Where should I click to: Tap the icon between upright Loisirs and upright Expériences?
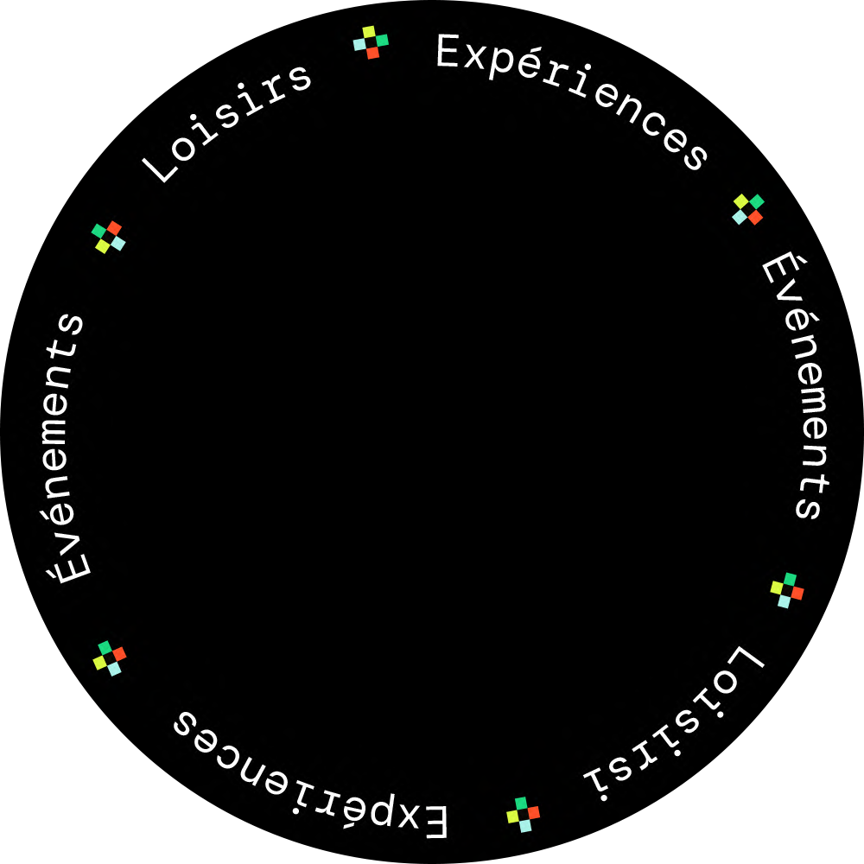point(371,42)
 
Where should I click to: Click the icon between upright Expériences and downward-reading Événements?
point(748,209)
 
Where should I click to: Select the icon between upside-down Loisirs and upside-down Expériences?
point(523,815)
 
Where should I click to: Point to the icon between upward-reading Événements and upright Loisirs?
point(109,237)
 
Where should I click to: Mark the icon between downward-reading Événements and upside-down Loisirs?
point(786,590)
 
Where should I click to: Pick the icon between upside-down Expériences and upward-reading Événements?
point(110,658)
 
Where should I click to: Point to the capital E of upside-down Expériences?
point(435,822)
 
